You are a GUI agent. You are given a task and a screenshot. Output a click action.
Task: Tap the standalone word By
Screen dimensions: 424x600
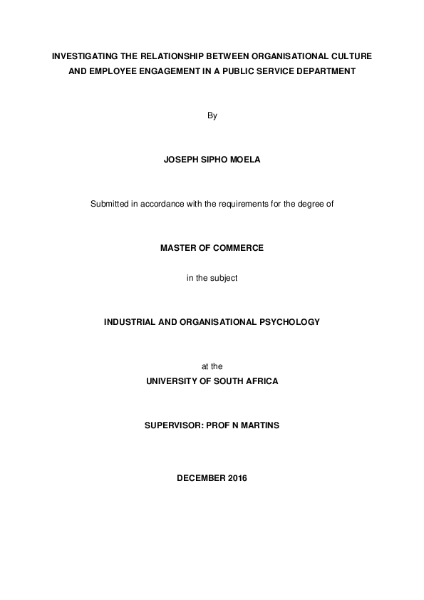point(212,116)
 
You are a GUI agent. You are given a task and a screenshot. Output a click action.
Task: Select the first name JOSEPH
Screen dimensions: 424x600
point(183,160)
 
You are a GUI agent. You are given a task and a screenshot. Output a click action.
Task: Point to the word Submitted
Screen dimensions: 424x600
point(110,205)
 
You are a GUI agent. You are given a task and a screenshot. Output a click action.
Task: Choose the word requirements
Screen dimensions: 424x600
point(240,205)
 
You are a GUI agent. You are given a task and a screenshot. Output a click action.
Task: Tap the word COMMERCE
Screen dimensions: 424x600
point(235,248)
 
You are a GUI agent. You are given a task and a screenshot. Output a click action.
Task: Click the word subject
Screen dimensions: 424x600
point(224,278)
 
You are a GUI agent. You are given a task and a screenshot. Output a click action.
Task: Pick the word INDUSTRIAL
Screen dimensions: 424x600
point(131,321)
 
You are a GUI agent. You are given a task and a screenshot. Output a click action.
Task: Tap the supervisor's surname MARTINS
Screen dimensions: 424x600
point(259,425)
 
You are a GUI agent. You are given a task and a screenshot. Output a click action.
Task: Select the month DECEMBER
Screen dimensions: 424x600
point(201,478)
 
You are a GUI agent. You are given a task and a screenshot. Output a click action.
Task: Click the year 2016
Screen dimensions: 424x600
point(238,478)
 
